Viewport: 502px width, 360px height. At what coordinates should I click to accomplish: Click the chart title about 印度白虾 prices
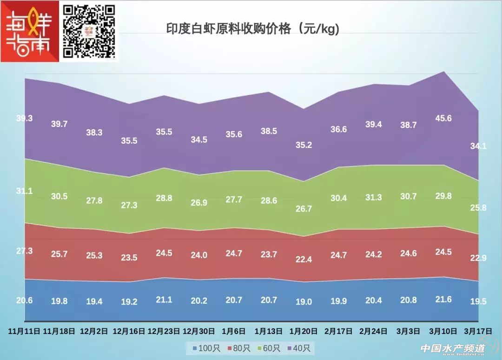pos(253,29)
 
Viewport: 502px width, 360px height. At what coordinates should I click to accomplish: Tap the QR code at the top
pos(88,31)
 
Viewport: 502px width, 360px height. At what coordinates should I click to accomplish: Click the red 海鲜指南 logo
pos(30,31)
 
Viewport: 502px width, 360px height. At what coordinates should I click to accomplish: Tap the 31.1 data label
pos(24,191)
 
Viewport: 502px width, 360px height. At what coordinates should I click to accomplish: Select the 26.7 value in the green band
pos(304,209)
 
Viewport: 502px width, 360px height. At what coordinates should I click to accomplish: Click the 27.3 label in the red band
pos(24,251)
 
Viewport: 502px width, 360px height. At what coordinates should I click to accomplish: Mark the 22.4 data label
pos(304,260)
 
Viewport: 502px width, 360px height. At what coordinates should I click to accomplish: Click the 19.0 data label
pos(304,301)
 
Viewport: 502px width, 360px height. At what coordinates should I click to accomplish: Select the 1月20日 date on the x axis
pos(304,331)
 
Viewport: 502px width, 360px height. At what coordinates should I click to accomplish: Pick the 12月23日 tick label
pos(164,331)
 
